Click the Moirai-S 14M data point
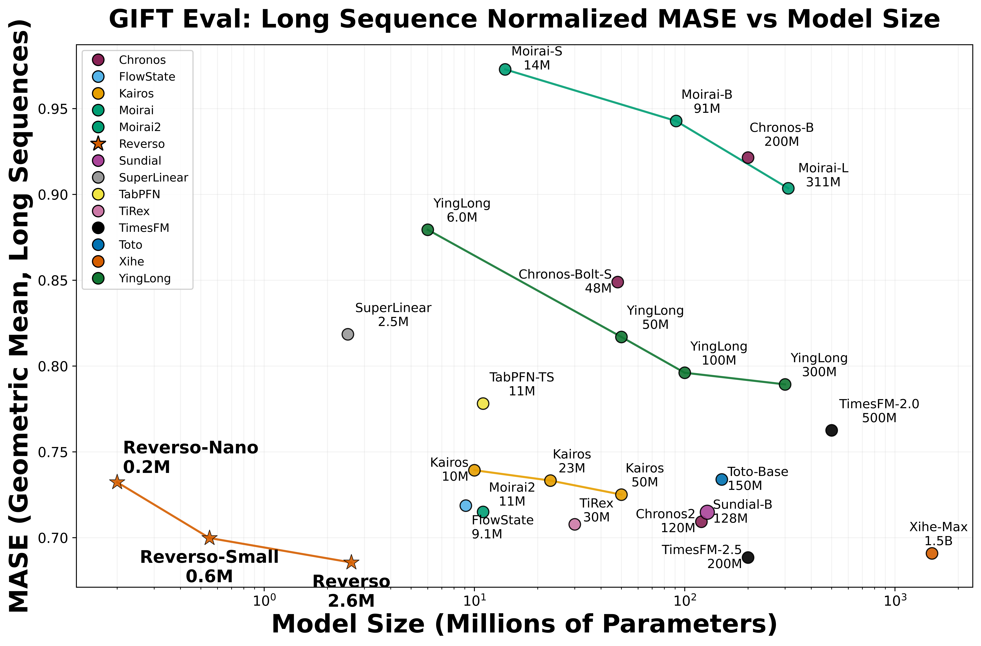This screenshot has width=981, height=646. (505, 69)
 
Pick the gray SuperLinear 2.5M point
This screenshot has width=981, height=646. (348, 334)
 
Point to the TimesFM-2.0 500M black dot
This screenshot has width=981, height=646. (831, 430)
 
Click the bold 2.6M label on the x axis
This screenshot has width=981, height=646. (351, 602)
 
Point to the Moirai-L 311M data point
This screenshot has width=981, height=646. (788, 188)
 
